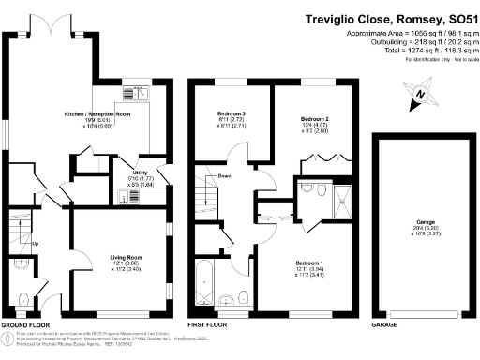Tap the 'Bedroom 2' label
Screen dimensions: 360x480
click(x=314, y=120)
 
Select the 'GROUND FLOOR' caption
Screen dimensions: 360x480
click(x=25, y=325)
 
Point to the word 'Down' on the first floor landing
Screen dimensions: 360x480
click(x=224, y=175)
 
